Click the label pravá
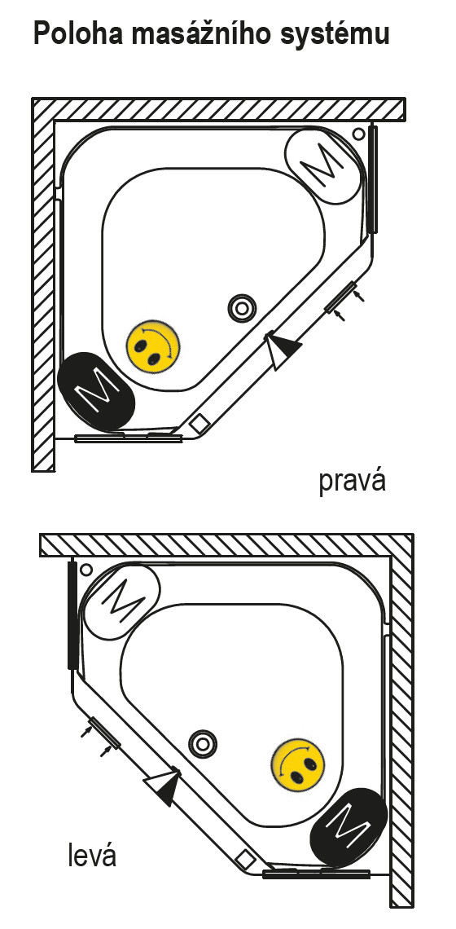click(x=353, y=481)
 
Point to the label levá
click(x=92, y=856)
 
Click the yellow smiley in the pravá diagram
click(x=153, y=346)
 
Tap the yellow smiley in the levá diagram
click(x=300, y=765)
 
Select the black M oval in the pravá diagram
click(x=97, y=392)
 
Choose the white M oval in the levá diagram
click(x=122, y=602)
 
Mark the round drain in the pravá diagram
click(x=242, y=308)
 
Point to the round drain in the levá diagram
click(x=203, y=743)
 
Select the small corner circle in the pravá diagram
click(x=358, y=134)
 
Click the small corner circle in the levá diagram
click(x=86, y=570)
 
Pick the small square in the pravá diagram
click(x=199, y=423)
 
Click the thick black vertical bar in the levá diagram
click(x=72, y=614)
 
